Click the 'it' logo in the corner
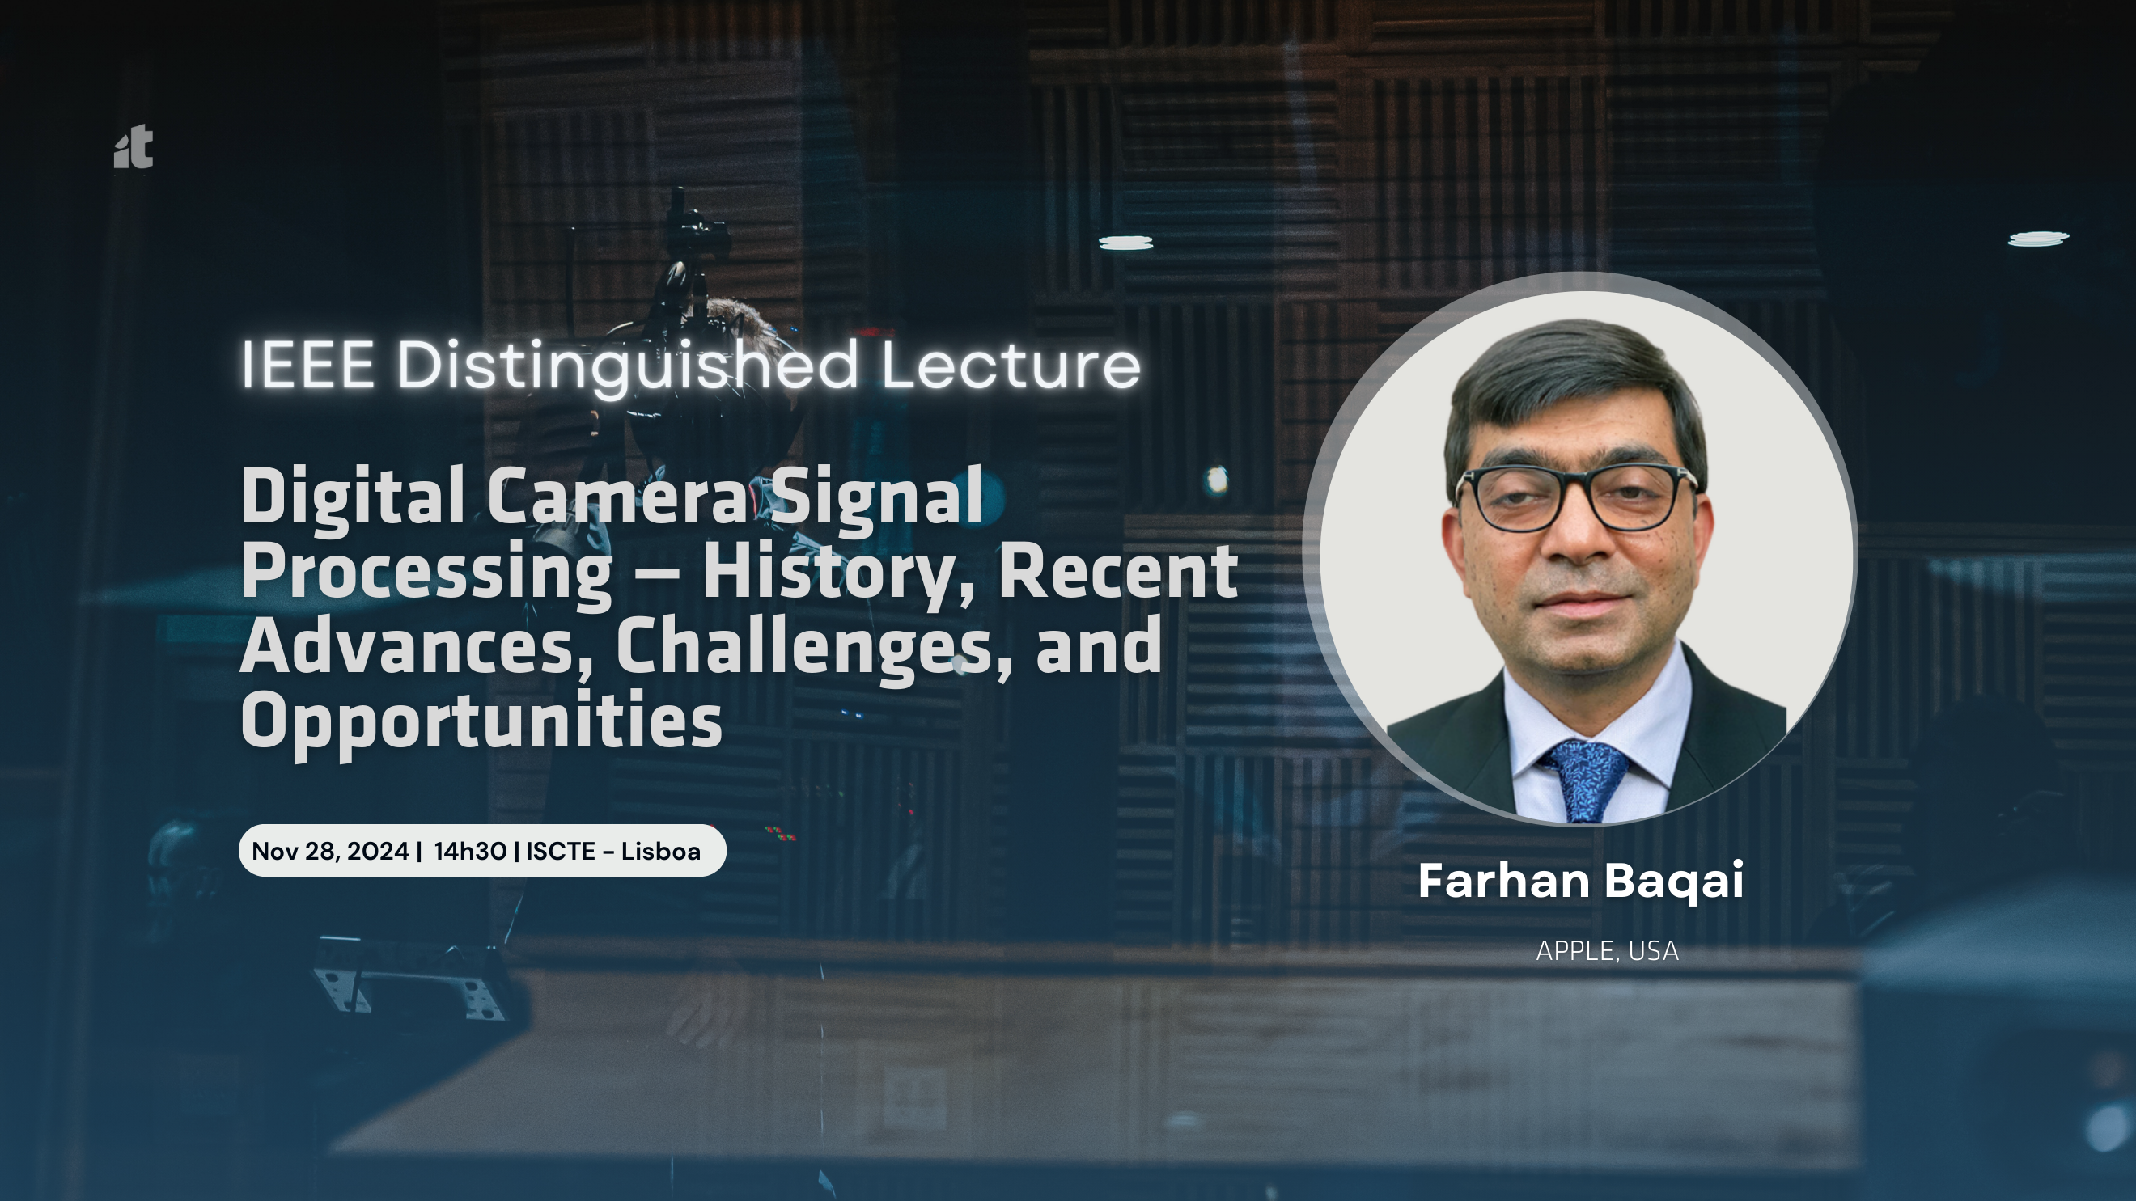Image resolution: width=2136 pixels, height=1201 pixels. (133, 146)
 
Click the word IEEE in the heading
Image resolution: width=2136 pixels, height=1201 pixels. (307, 365)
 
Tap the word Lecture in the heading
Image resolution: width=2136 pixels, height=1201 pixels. (1011, 365)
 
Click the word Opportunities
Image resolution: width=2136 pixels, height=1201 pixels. (481, 721)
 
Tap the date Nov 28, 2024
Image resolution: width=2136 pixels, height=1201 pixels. (330, 852)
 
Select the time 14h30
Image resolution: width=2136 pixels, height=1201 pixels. (470, 852)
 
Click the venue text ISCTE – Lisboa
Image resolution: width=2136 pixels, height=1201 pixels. (613, 852)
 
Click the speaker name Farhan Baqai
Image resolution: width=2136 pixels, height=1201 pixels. (1580, 881)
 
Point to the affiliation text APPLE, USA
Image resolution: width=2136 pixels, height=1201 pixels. (1607, 950)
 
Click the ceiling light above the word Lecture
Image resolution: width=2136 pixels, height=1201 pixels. (1126, 242)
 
